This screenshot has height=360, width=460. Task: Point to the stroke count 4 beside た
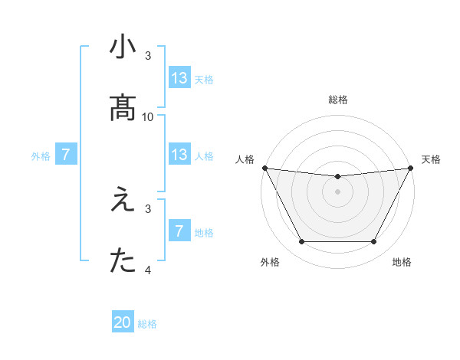click(x=148, y=270)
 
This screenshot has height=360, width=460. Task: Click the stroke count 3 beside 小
click(x=148, y=56)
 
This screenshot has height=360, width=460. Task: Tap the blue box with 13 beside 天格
click(x=179, y=78)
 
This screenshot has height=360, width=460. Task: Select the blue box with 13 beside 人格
click(x=179, y=155)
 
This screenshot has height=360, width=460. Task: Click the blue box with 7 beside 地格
click(x=179, y=231)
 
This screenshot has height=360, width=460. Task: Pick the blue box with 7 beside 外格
click(x=66, y=155)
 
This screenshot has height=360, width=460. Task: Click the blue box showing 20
click(x=123, y=323)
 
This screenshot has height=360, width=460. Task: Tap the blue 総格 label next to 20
click(x=147, y=324)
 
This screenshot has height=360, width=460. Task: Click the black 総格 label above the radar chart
click(x=337, y=100)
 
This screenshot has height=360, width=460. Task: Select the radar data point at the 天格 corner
click(x=411, y=168)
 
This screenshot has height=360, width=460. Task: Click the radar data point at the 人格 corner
click(x=264, y=168)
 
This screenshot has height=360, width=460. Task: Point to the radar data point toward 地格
click(x=374, y=242)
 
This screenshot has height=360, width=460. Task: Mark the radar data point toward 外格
click(x=301, y=242)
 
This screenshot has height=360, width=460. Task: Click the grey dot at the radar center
click(x=337, y=191)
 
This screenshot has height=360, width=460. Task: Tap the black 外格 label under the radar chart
click(x=270, y=262)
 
